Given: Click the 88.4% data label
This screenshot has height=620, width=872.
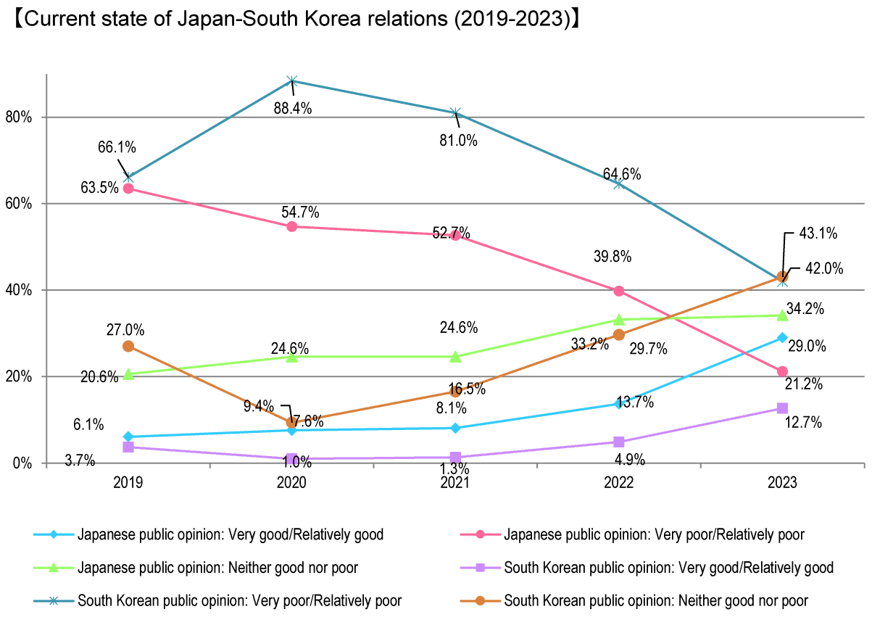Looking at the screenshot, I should [293, 109].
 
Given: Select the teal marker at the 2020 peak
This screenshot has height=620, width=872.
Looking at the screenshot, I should [292, 80].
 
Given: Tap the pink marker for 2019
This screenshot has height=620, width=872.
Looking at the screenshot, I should [128, 189].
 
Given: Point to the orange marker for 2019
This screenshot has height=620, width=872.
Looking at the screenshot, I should [128, 346].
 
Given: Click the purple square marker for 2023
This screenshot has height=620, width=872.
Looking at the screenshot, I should [782, 408].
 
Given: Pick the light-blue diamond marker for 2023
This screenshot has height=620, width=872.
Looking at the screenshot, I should [782, 338].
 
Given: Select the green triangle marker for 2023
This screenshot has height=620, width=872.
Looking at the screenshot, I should [782, 315].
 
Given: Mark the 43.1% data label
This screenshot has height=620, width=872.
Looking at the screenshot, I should [819, 233].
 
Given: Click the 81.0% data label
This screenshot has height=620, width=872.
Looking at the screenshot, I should [459, 141].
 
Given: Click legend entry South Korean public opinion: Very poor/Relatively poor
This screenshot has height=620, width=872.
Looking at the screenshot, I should [239, 600].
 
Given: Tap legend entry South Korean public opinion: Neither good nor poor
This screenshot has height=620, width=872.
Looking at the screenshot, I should [656, 600].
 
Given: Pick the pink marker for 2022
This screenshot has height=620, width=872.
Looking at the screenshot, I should [618, 291].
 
